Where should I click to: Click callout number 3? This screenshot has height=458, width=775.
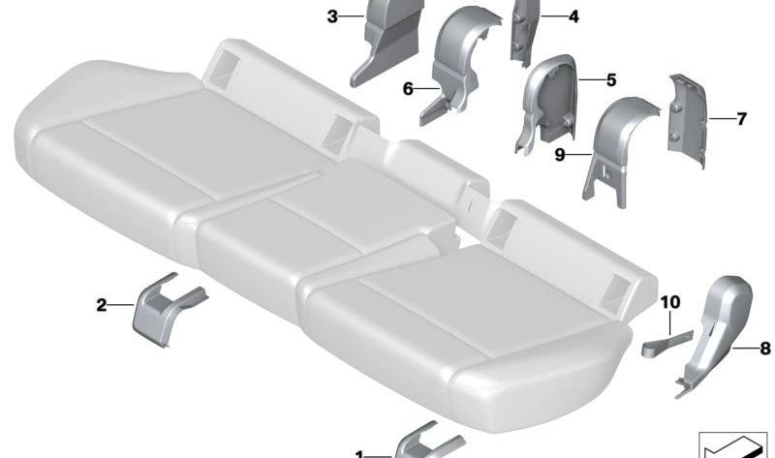coord(331,16)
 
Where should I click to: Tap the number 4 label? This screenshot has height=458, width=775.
coord(573,16)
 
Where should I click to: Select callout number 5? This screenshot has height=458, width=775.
coord(610,80)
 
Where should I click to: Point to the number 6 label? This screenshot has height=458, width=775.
coord(408,88)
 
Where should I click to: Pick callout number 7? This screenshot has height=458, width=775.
coord(741,120)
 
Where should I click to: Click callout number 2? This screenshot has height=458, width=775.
coord(102,306)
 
